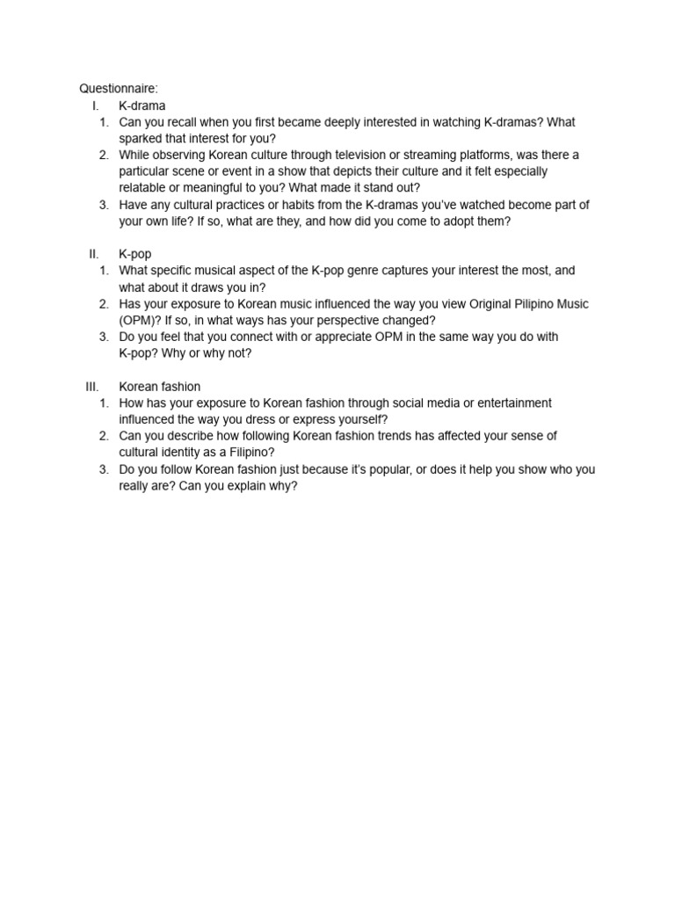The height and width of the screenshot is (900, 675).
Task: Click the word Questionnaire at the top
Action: pyautogui.click(x=118, y=89)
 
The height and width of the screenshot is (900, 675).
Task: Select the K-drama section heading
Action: pyautogui.click(x=142, y=105)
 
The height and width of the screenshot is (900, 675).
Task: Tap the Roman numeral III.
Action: pyautogui.click(x=92, y=387)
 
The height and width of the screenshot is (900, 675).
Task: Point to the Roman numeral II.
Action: pyautogui.click(x=94, y=254)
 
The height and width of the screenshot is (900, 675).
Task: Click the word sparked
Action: pyautogui.click(x=140, y=139)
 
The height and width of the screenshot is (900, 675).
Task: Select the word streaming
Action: pyautogui.click(x=449, y=155)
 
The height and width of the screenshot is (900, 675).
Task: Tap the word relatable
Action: pyautogui.click(x=143, y=188)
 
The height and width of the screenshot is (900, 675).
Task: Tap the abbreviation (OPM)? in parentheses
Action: pyautogui.click(x=140, y=320)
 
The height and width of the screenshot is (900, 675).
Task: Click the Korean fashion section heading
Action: pyautogui.click(x=159, y=387)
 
